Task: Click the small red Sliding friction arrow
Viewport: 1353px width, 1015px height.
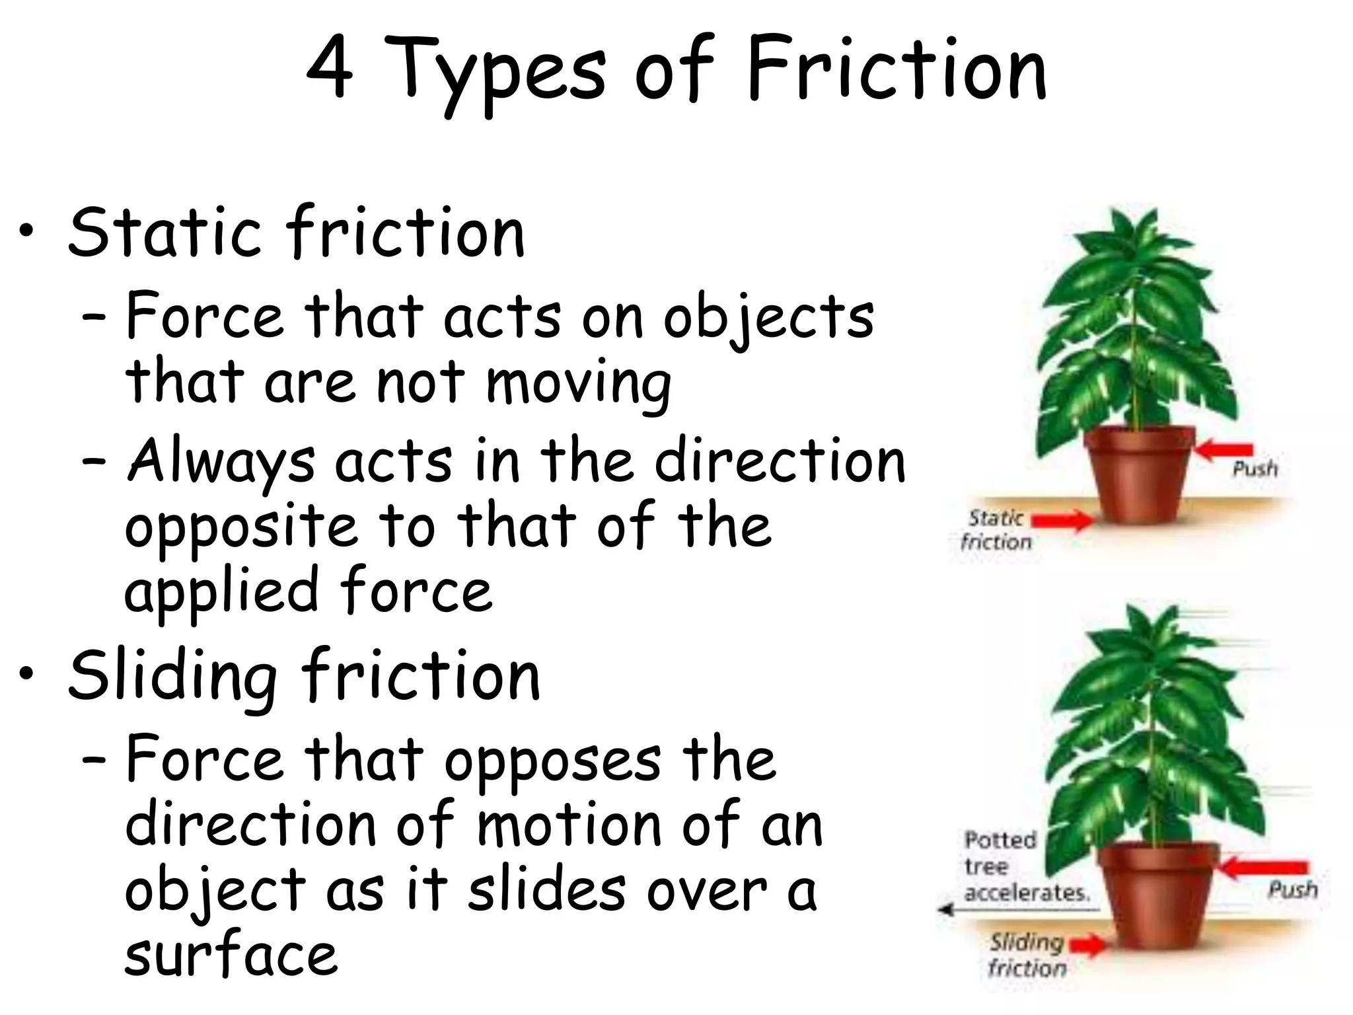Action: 1087,946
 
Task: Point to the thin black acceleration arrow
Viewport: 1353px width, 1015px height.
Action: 1017,910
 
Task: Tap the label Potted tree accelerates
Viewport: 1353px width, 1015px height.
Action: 1025,866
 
